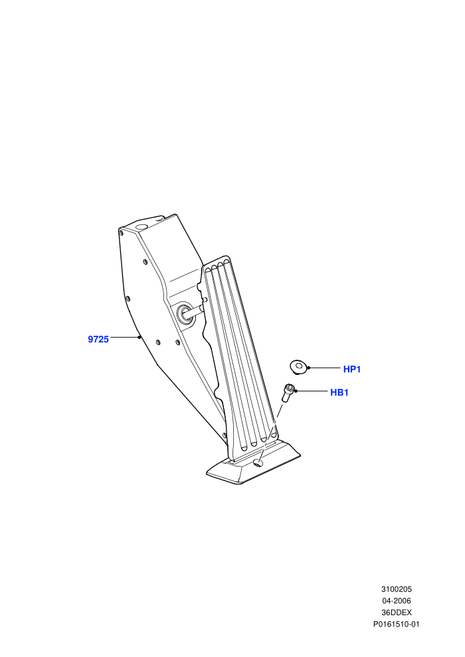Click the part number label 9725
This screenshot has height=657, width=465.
98,339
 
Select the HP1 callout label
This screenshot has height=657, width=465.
352,369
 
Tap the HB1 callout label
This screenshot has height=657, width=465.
339,393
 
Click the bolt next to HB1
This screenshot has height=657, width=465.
288,393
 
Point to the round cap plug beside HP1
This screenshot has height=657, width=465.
298,366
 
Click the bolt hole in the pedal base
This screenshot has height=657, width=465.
258,463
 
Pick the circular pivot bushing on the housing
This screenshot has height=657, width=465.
185,313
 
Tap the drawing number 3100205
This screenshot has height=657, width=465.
396,589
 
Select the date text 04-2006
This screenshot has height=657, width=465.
396,601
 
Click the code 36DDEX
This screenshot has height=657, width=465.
396,613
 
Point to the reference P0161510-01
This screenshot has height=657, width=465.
396,624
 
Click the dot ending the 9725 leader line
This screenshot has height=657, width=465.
139,336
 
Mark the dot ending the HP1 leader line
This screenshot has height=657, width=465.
309,368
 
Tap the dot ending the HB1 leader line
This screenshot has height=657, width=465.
296,391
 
